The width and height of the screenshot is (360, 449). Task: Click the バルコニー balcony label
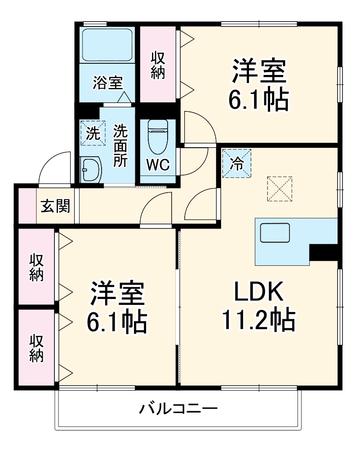click(x=178, y=409)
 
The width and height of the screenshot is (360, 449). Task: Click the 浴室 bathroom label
click(x=108, y=83)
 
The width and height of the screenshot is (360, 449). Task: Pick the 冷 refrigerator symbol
click(x=236, y=163)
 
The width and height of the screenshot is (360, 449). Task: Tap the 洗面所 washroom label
click(x=120, y=146)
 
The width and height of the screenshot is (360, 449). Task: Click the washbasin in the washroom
click(x=91, y=169)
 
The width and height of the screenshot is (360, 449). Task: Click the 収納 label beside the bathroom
click(x=157, y=65)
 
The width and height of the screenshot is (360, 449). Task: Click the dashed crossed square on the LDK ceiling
click(x=280, y=189)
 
